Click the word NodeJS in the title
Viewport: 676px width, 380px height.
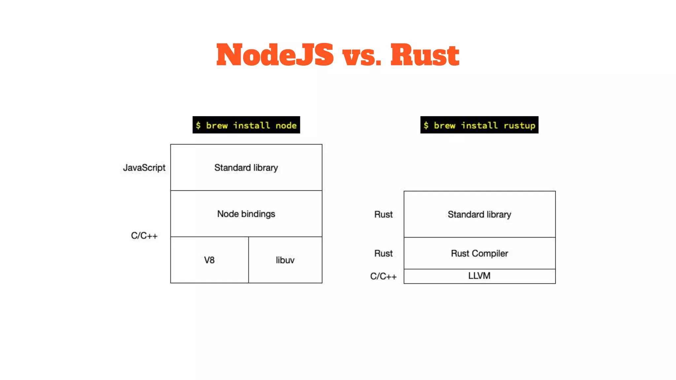275,55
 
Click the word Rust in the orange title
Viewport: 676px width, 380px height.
425,55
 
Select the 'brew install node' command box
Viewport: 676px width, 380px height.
246,125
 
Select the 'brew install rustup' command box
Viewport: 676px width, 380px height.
479,125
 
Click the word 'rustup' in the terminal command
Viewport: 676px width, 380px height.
519,126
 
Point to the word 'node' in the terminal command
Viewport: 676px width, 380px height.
286,126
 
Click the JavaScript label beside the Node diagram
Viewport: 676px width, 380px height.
144,168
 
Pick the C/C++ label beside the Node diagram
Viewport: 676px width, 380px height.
144,236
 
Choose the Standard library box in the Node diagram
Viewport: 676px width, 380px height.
246,168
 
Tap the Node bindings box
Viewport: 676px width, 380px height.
246,214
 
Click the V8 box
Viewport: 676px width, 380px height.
209,260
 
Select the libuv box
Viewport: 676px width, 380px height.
285,260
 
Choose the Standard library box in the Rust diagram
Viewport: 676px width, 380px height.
479,214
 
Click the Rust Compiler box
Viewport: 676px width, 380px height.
479,253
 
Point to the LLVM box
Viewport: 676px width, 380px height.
479,276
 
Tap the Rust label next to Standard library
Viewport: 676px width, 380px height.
383,214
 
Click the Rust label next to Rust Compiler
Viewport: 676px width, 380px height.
383,253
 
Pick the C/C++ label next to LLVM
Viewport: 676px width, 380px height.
383,276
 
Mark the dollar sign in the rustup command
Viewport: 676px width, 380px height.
426,125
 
